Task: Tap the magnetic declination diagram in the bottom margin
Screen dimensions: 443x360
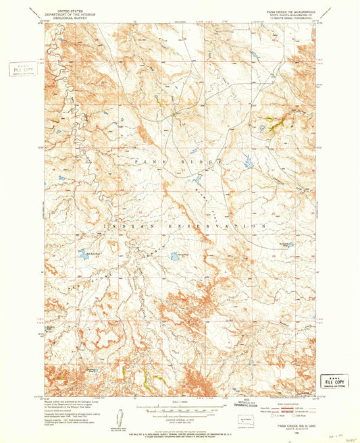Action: [x=120, y=417]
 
